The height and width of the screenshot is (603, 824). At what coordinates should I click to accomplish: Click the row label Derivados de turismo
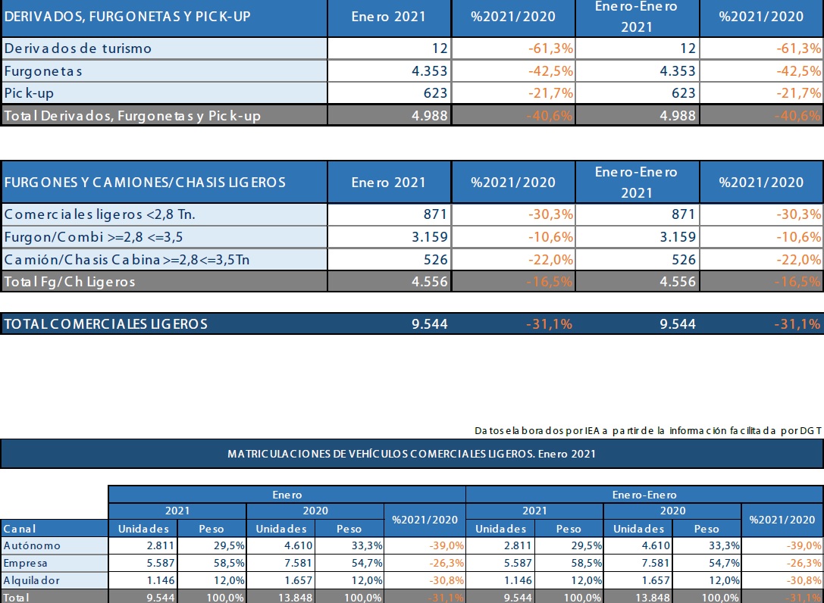point(78,48)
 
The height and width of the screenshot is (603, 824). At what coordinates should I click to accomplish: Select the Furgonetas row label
point(43,71)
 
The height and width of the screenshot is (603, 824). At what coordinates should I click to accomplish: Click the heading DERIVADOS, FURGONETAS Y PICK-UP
point(127,16)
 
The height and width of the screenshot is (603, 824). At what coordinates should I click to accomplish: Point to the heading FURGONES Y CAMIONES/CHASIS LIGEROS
point(145,182)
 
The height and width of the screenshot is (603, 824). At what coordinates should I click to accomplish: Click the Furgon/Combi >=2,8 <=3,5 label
point(93,237)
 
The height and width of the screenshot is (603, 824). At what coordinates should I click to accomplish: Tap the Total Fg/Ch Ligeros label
point(70,282)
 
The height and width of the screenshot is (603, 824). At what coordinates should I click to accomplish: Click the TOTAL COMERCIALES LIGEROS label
point(105,324)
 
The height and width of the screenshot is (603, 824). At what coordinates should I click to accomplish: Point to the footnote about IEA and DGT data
point(648,430)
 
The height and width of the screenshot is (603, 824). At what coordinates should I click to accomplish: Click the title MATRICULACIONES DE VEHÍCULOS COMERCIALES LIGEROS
point(412,454)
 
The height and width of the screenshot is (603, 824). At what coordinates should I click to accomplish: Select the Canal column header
point(20,529)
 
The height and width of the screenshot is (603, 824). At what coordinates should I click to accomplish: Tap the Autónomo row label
point(32,545)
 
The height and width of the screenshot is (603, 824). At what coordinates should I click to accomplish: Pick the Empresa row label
point(26,563)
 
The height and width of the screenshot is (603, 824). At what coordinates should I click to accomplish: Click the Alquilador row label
point(32,580)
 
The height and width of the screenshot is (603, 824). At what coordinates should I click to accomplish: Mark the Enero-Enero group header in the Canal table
point(644,495)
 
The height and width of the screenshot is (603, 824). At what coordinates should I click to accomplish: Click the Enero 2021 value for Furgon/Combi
point(428,237)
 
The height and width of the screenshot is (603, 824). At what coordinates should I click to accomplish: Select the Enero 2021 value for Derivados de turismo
point(440,48)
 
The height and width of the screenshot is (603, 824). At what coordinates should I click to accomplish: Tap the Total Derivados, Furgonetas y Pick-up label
point(132,116)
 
